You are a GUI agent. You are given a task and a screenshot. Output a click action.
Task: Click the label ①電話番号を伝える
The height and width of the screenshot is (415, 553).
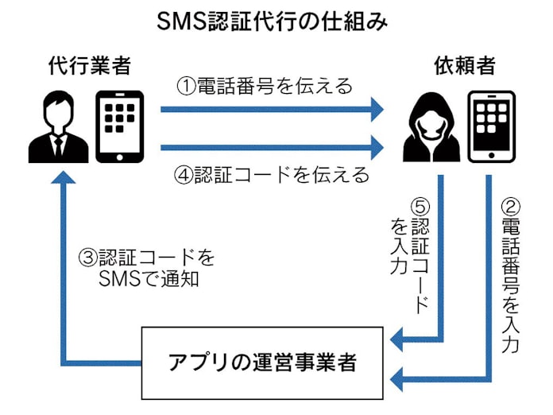pyautogui.click(x=264, y=86)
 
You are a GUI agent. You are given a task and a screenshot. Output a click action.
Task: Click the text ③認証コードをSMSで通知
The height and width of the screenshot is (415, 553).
pyautogui.click(x=147, y=269)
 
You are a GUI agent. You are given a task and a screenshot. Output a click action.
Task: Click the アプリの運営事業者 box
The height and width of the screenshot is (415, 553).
pyautogui.click(x=262, y=363)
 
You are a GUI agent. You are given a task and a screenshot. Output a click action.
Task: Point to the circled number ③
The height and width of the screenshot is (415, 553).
pyautogui.click(x=87, y=258)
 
